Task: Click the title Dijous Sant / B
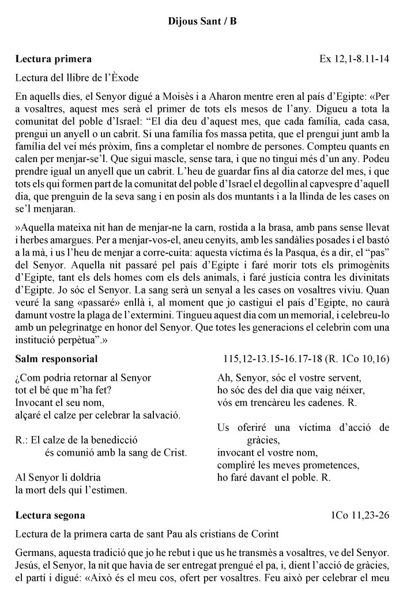(202, 22)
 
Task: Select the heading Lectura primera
(53, 59)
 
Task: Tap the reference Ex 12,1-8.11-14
(354, 59)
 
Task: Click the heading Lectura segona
(51, 514)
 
